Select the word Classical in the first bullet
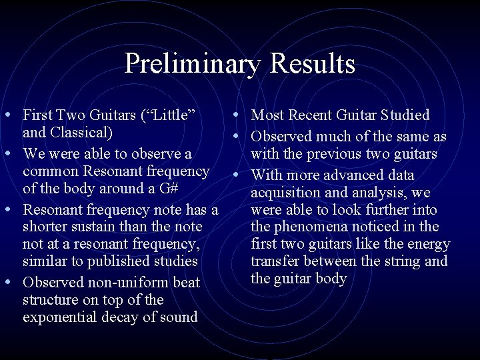[80, 132]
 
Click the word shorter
[47, 227]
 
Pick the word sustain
[101, 227]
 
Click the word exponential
[61, 317]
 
